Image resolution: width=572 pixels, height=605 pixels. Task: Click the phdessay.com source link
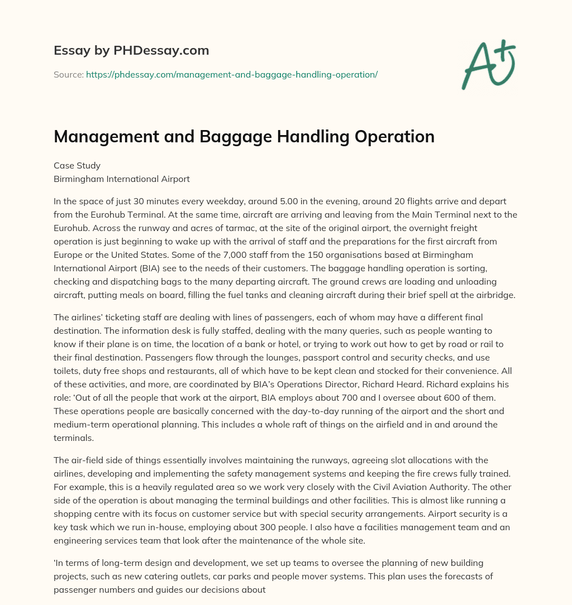coord(232,74)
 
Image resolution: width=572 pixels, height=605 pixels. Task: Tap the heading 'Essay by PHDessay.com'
coord(131,50)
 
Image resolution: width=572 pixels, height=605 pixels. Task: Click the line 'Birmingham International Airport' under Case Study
coord(122,179)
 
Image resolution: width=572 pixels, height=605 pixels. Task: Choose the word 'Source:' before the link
coord(68,74)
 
